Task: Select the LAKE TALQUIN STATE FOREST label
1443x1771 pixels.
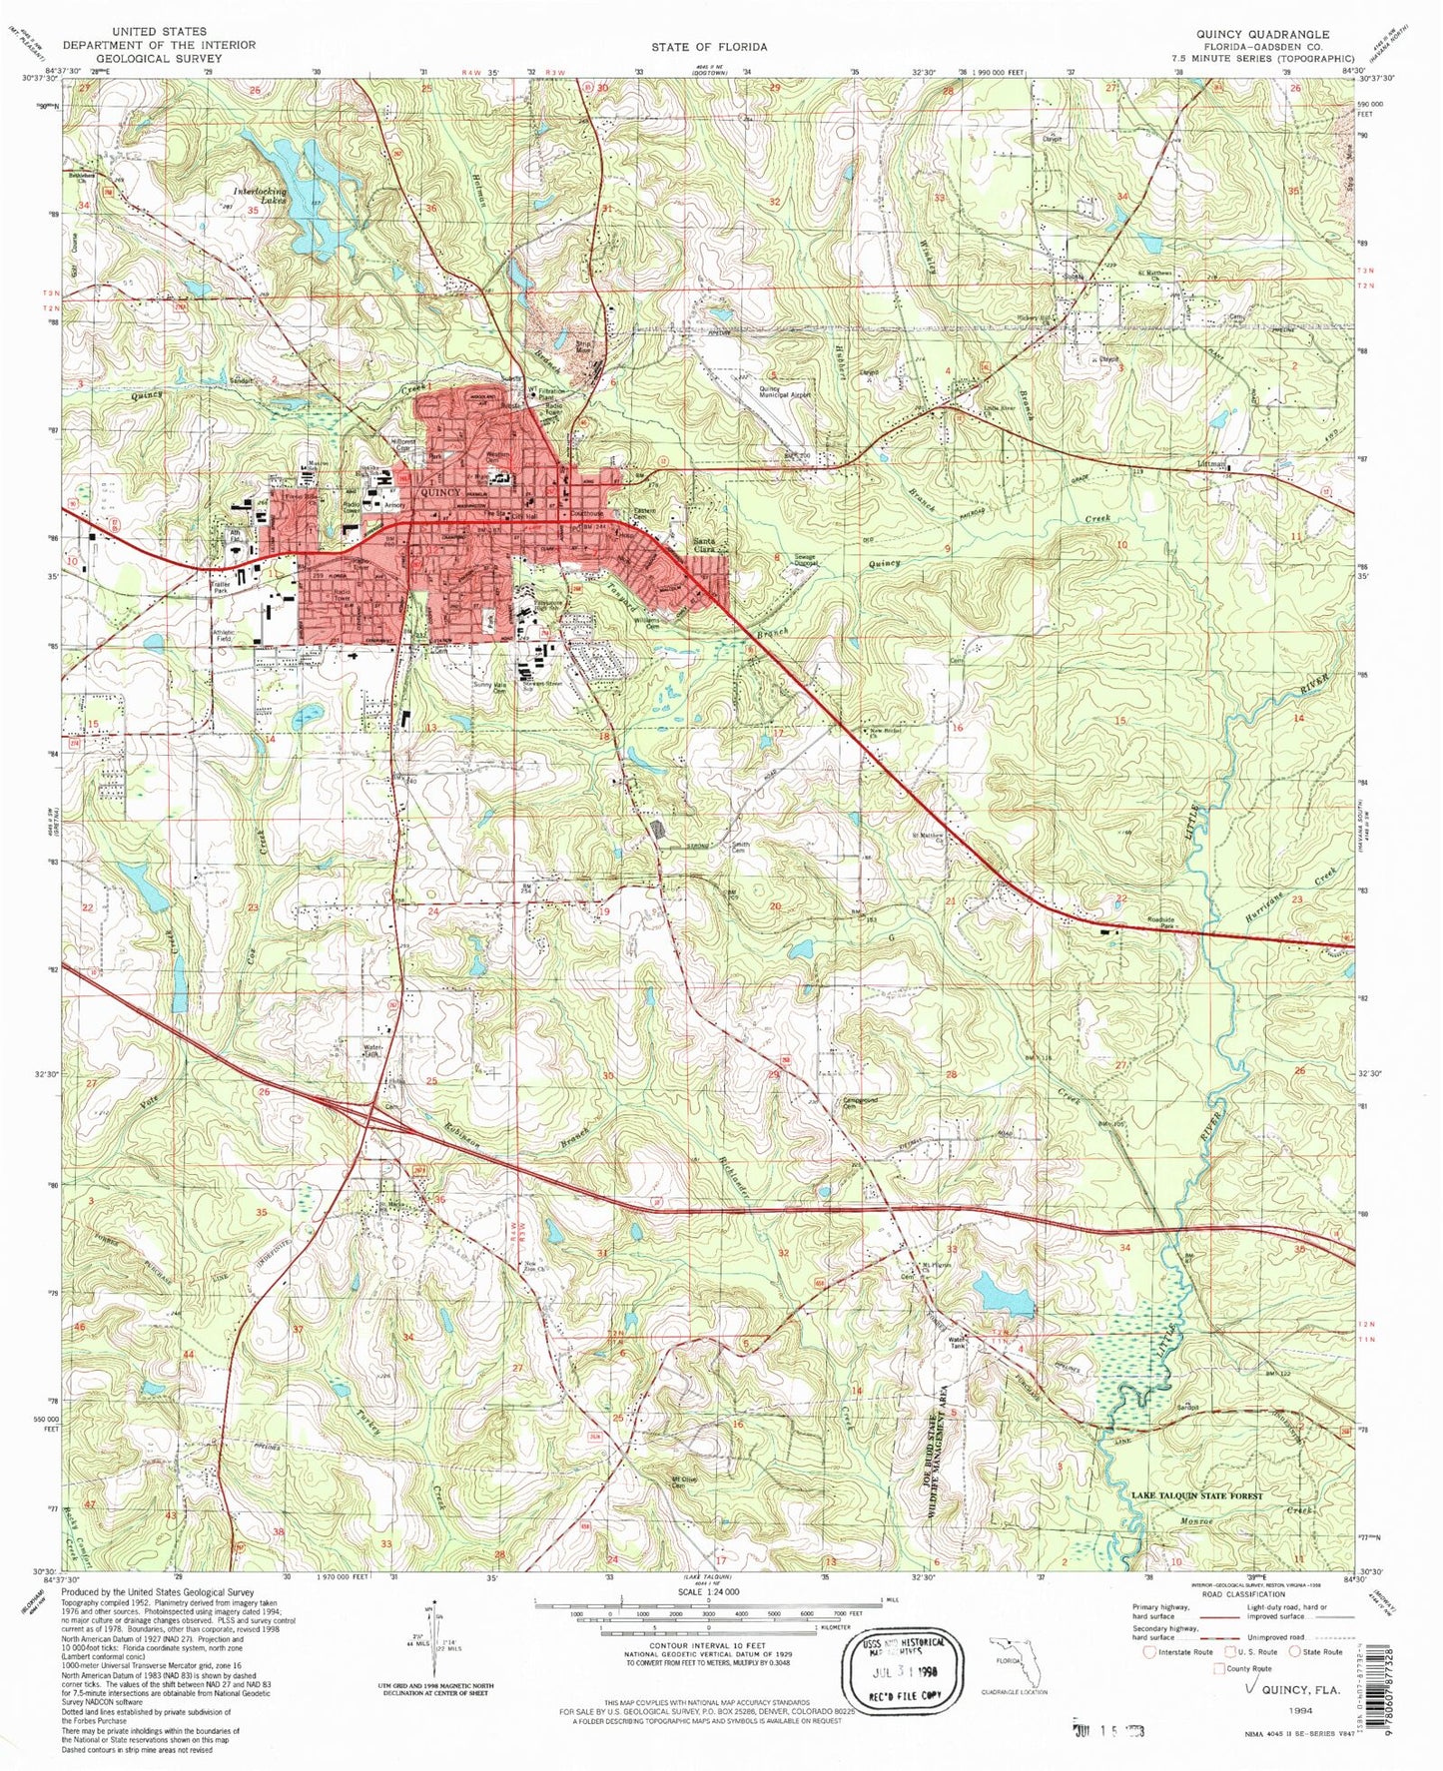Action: tap(1197, 1495)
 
